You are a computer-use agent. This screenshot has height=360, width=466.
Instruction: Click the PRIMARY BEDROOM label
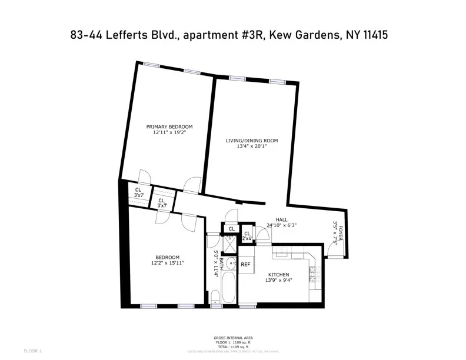click(x=169, y=126)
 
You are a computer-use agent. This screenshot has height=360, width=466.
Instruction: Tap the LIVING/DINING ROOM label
click(x=252, y=141)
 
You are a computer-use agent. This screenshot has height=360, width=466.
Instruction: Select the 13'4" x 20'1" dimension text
click(x=252, y=148)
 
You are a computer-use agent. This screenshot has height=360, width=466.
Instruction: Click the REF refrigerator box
click(x=245, y=264)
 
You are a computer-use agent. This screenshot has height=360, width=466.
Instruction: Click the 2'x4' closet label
click(x=247, y=239)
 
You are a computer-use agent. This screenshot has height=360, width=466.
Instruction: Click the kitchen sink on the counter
click(x=282, y=252)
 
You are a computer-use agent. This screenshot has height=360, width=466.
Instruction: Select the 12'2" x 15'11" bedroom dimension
click(x=168, y=264)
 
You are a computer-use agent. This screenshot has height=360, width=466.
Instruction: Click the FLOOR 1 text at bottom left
click(x=32, y=351)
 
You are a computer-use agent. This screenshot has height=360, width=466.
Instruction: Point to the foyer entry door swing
click(x=332, y=251)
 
